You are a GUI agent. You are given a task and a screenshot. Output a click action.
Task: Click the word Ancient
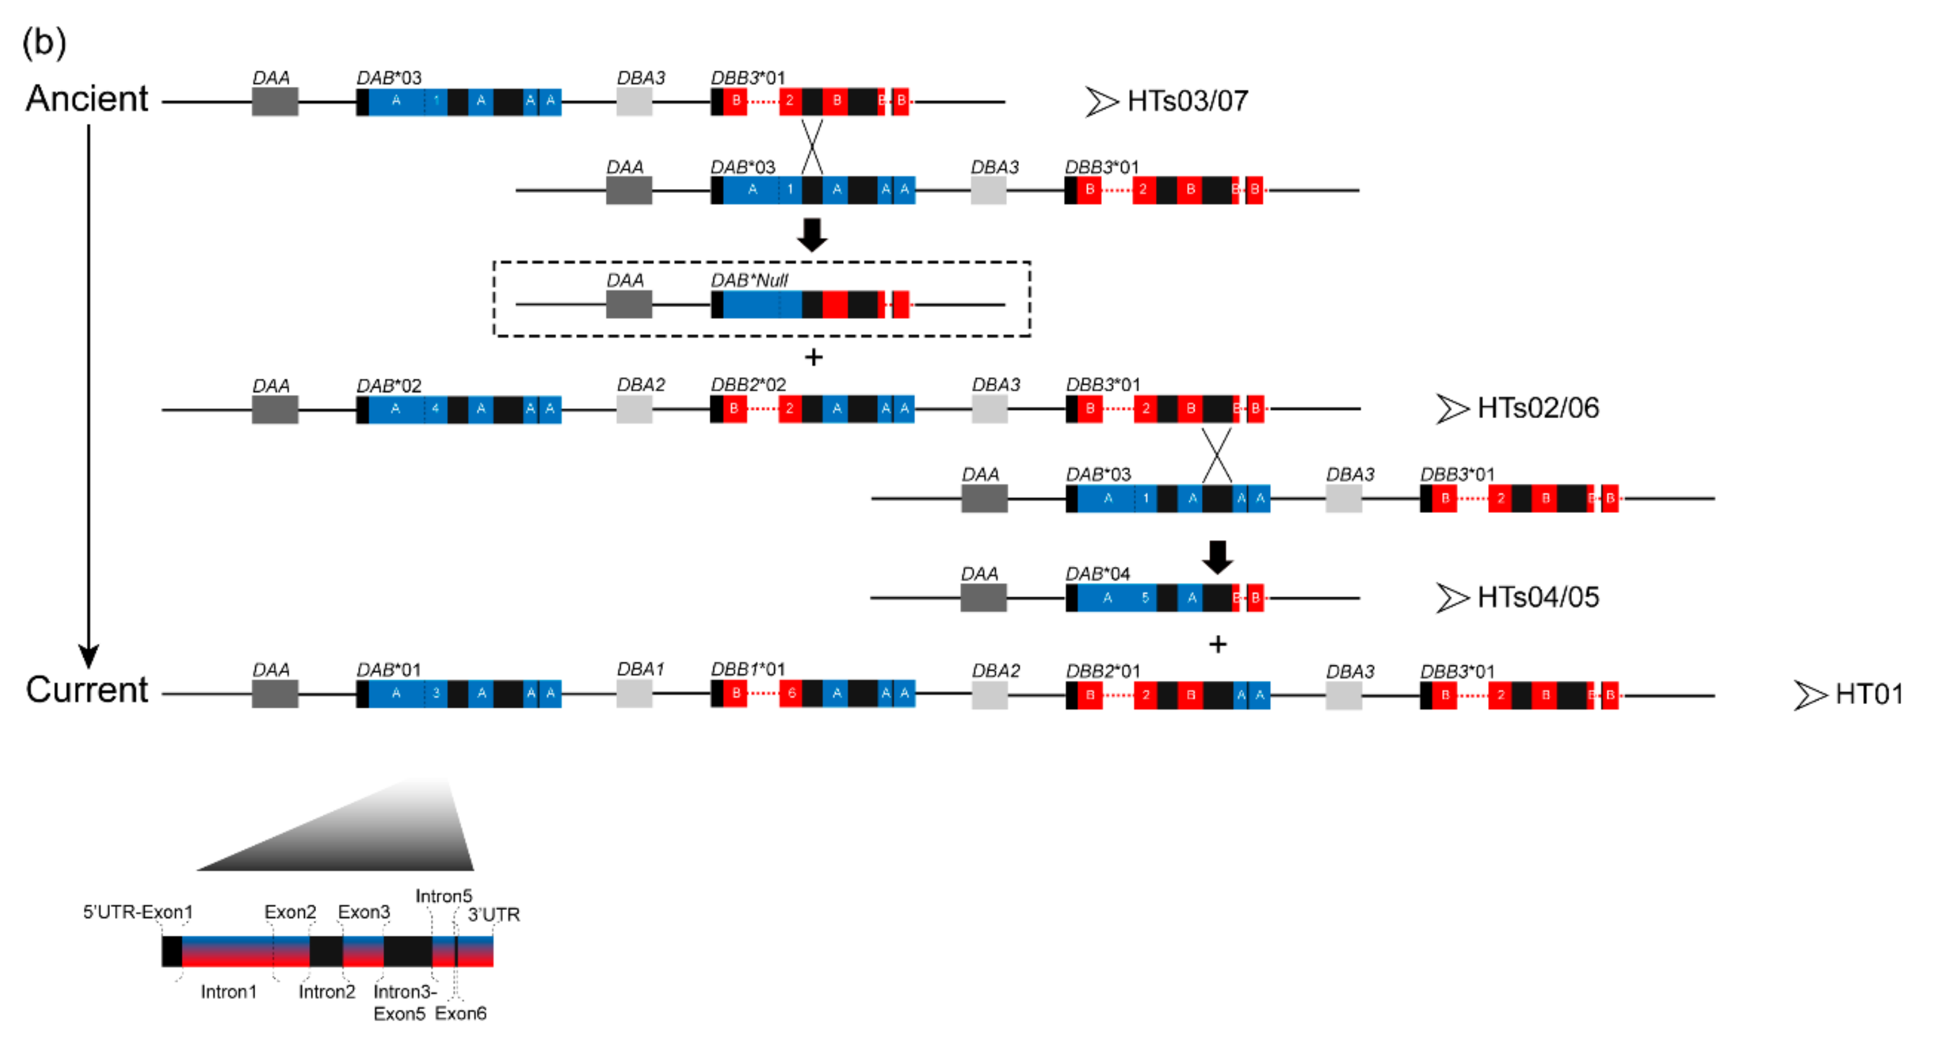(x=87, y=99)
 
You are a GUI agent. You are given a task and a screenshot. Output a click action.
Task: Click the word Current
(x=87, y=690)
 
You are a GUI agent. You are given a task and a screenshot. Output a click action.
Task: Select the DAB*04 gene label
(x=1098, y=574)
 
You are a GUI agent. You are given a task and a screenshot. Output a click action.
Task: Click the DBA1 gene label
(x=640, y=669)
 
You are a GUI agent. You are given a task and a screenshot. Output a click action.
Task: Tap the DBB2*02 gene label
(x=748, y=385)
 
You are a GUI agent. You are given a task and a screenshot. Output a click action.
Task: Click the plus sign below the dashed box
(x=813, y=357)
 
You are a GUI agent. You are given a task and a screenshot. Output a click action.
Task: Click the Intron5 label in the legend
(x=444, y=896)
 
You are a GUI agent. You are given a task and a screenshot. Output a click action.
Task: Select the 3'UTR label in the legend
(x=494, y=914)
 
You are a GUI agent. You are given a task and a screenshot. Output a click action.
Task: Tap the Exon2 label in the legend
(x=290, y=912)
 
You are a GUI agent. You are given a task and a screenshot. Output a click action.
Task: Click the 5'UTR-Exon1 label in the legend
(x=137, y=912)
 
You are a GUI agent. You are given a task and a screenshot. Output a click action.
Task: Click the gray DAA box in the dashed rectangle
(x=629, y=304)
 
